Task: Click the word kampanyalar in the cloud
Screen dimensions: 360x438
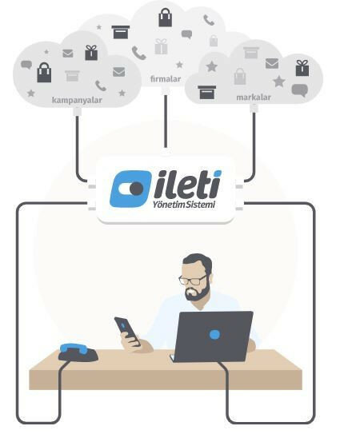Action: pyautogui.click(x=77, y=100)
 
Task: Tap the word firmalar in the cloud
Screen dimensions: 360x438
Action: pyautogui.click(x=166, y=79)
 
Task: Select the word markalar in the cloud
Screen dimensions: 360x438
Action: pyautogui.click(x=254, y=98)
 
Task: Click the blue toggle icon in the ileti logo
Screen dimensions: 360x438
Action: pyautogui.click(x=131, y=189)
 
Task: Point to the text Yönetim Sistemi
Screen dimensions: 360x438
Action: pyautogui.click(x=184, y=205)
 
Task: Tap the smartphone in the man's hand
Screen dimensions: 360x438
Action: pyautogui.click(x=127, y=331)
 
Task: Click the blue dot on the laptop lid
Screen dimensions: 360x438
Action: pyautogui.click(x=214, y=334)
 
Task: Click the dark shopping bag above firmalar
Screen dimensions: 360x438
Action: pyautogui.click(x=165, y=18)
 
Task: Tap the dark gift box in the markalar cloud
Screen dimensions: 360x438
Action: pyautogui.click(x=302, y=68)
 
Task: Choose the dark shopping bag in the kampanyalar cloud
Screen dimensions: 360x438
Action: pyautogui.click(x=44, y=73)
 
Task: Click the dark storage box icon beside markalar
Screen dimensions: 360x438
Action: pyautogui.click(x=207, y=93)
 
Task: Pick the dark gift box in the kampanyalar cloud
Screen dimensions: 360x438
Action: pyautogui.click(x=91, y=53)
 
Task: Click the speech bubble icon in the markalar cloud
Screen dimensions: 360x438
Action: pyautogui.click(x=300, y=90)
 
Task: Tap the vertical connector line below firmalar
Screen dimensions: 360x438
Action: pyautogui.click(x=166, y=121)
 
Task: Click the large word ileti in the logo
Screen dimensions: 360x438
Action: pyautogui.click(x=188, y=185)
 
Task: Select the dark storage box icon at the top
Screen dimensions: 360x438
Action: pyautogui.click(x=121, y=32)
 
